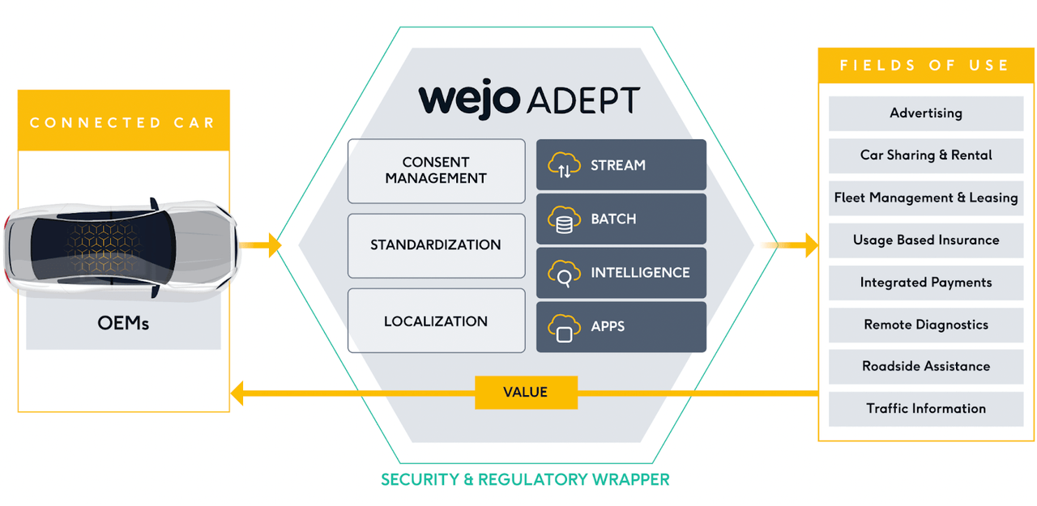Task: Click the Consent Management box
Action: click(x=436, y=171)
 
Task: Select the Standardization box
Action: click(x=436, y=245)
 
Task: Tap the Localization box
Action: click(x=436, y=321)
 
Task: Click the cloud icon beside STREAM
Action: click(x=564, y=166)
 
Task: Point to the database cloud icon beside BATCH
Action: click(x=564, y=219)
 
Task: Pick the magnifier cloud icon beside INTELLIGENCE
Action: click(x=564, y=274)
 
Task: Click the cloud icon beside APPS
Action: click(x=564, y=328)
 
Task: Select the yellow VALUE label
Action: click(x=526, y=393)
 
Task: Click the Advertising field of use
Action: click(x=926, y=113)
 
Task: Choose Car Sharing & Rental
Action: click(x=926, y=155)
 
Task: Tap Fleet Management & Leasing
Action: click(x=926, y=198)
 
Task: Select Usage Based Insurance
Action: click(x=926, y=240)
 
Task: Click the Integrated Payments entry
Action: click(x=926, y=283)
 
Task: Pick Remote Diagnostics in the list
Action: click(x=926, y=325)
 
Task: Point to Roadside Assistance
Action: click(x=926, y=367)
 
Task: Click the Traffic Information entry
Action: click(x=926, y=409)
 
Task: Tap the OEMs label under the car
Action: click(x=123, y=324)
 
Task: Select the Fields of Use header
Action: click(x=925, y=66)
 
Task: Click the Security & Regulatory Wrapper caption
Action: click(x=525, y=479)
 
